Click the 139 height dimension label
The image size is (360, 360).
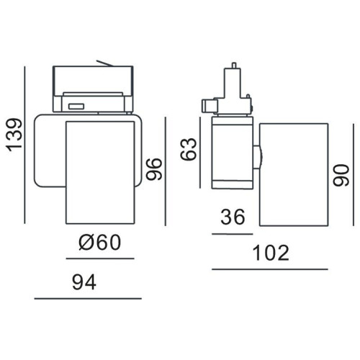(x=15, y=135)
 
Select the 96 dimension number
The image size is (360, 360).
(x=155, y=168)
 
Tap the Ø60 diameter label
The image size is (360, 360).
(x=99, y=242)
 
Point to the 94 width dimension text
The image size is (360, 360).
(x=84, y=282)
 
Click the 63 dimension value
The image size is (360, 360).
(x=189, y=149)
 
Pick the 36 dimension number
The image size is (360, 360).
(x=233, y=217)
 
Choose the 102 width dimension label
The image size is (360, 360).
(x=271, y=253)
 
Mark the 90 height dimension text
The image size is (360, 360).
(x=341, y=175)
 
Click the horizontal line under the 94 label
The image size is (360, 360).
(x=88, y=299)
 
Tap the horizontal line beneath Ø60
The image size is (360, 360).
(x=100, y=258)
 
